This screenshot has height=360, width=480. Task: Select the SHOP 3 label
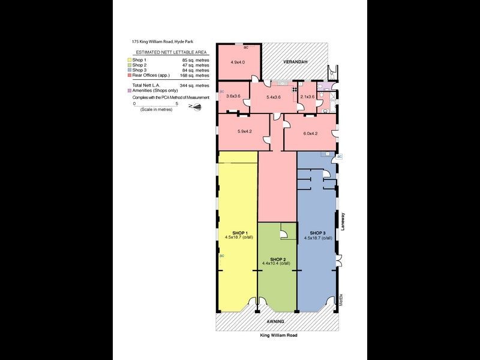317,232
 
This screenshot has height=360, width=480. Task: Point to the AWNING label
276,322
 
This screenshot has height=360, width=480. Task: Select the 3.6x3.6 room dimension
233,96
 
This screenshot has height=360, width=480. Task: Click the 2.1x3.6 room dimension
307,96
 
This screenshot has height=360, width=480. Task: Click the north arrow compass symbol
196,106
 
